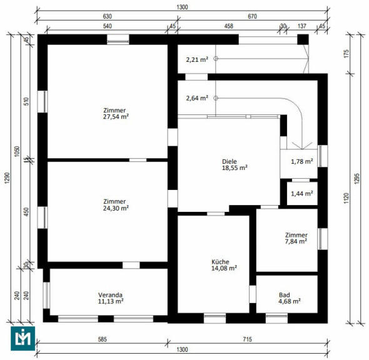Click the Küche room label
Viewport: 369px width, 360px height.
click(x=220, y=262)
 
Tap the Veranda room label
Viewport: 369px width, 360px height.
click(x=110, y=295)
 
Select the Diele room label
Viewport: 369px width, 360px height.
click(x=229, y=161)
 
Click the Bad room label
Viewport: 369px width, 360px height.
click(x=285, y=295)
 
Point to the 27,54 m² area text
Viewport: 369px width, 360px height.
click(x=116, y=117)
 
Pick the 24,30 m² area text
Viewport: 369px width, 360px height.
click(x=116, y=208)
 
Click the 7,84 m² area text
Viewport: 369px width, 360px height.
click(x=296, y=241)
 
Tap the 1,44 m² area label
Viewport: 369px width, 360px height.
click(x=302, y=194)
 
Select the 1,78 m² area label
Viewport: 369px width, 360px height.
click(x=302, y=161)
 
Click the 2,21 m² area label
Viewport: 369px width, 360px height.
click(x=197, y=60)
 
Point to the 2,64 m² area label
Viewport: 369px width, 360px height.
click(x=197, y=98)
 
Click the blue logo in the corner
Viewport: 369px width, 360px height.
click(x=23, y=338)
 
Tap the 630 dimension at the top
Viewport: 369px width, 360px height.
click(x=108, y=16)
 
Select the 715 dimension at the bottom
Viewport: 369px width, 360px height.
click(x=247, y=339)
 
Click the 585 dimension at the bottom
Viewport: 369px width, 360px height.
click(x=103, y=339)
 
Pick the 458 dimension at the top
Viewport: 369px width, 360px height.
click(x=229, y=26)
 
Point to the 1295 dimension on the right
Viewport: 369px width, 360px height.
click(x=357, y=179)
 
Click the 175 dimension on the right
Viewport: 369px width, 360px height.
click(x=346, y=54)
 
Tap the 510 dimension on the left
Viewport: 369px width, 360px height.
click(x=27, y=101)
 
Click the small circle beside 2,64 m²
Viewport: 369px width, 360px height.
click(x=216, y=98)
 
